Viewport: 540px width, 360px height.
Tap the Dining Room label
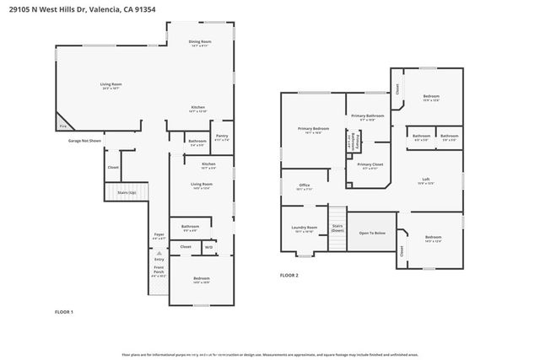point(199,42)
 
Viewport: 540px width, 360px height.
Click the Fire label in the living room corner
point(62,126)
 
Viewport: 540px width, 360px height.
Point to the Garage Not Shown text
point(85,141)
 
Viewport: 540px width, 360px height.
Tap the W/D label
point(208,247)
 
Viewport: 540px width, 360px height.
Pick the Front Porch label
point(159,271)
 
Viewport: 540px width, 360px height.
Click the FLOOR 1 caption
point(64,313)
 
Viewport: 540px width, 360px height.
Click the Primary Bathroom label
point(368,116)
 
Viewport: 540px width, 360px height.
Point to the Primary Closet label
point(370,165)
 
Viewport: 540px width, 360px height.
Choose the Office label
point(304,187)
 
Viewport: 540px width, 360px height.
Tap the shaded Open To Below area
point(372,233)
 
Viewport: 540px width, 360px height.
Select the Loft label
point(427,181)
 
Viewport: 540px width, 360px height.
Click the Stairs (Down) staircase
point(337,228)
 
